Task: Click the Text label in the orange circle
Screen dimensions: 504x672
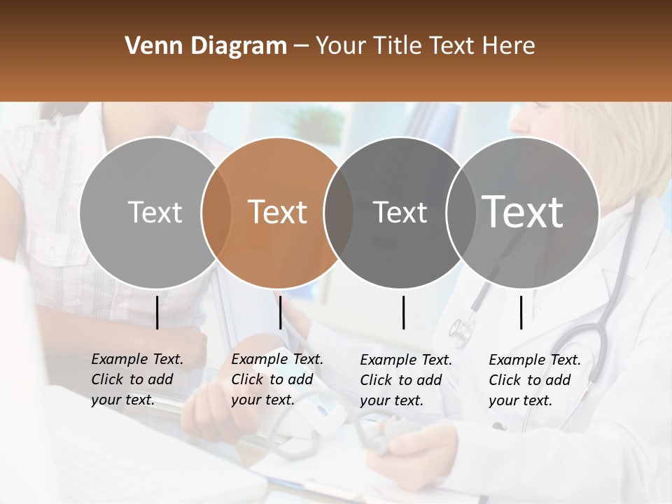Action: (278, 212)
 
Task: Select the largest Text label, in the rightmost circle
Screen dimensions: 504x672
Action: (523, 211)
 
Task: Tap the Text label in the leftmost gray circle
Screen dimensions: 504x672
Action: (155, 212)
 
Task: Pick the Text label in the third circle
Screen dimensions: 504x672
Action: (400, 212)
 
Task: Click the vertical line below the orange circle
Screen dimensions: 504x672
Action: (280, 312)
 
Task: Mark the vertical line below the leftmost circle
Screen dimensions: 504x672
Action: (157, 312)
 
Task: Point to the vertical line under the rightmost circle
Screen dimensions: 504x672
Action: (521, 312)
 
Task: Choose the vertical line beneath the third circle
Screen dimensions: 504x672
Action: (403, 312)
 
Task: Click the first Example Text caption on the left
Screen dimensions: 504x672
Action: (137, 379)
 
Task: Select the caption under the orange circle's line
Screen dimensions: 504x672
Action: (277, 379)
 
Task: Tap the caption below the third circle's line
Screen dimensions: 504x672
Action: (406, 380)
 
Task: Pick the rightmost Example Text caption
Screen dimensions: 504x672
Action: (535, 380)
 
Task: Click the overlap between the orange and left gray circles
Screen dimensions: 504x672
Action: (216, 212)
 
